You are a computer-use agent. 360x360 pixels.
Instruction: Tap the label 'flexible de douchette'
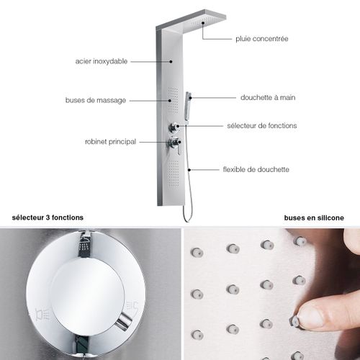point(256,169)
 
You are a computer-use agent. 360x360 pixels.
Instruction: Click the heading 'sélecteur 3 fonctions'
point(48,217)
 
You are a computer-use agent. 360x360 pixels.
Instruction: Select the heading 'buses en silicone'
point(314,217)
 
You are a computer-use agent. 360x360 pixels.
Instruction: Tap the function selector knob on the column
point(175,127)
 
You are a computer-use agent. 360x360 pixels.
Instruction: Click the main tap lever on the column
point(175,143)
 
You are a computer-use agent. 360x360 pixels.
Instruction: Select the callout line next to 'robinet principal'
point(151,142)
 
